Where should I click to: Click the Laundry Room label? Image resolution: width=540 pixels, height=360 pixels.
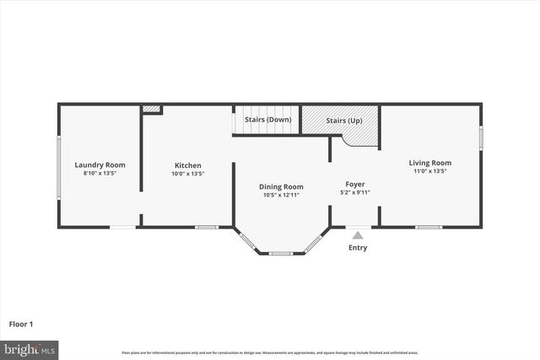point(100,164)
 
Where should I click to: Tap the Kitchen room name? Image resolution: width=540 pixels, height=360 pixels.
point(187,164)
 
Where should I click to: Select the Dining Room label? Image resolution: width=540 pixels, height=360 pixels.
point(282,186)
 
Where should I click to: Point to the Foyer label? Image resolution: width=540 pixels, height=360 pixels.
point(354,184)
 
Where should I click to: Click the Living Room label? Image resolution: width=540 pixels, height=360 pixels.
point(429,163)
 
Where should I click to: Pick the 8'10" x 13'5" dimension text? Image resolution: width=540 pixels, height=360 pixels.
point(100,173)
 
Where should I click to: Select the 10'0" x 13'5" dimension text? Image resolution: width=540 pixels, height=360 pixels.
point(187,173)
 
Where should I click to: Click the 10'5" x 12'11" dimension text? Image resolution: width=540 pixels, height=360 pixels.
point(282,195)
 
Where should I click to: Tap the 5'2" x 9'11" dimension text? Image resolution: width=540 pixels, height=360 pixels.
point(354,192)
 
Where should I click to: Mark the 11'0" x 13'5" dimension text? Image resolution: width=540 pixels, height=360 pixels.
point(429,171)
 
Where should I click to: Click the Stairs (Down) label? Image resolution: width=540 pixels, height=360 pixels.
point(267,120)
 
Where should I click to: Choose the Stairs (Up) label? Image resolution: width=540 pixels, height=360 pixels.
point(344,121)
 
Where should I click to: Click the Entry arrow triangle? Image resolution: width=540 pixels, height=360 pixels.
point(358,235)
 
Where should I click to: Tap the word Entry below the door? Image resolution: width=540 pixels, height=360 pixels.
point(358,248)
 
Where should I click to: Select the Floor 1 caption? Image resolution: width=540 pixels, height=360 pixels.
point(21,323)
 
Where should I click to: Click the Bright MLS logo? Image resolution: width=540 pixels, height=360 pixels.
point(30,348)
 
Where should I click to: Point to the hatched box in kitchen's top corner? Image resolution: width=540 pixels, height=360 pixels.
point(151,109)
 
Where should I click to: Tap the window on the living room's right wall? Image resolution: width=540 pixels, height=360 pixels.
point(481,137)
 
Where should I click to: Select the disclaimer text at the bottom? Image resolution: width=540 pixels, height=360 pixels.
point(269,352)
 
